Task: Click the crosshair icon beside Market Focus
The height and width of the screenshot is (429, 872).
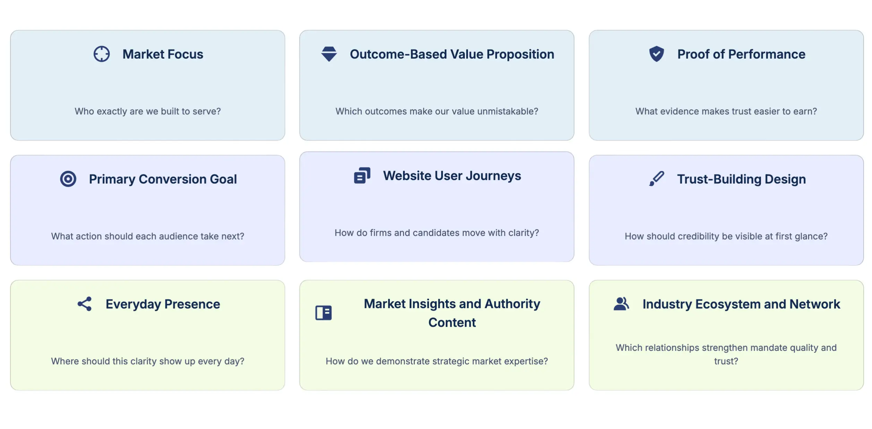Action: [102, 54]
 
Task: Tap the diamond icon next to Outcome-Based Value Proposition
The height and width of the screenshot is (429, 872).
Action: [329, 54]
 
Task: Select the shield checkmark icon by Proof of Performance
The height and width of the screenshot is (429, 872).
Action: [656, 54]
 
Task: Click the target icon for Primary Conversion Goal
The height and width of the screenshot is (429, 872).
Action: [68, 179]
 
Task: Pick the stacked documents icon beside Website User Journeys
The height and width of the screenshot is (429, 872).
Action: [362, 176]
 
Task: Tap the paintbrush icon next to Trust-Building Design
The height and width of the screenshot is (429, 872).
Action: [656, 179]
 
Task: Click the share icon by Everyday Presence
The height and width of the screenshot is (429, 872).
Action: [85, 304]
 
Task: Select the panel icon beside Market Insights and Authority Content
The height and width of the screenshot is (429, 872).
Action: [323, 313]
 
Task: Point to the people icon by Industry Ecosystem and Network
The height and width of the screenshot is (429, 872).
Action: [621, 304]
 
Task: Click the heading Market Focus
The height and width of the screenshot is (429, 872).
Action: [163, 54]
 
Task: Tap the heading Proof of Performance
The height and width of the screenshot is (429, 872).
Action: [741, 54]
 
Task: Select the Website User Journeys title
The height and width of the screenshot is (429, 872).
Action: [452, 176]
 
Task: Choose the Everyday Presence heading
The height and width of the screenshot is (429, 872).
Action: [163, 304]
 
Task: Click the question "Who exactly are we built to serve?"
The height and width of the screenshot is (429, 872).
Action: [147, 111]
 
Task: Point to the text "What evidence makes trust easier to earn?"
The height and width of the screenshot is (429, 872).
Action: [726, 111]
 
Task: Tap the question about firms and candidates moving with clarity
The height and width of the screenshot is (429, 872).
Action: [437, 233]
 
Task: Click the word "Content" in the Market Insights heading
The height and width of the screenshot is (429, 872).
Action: [452, 323]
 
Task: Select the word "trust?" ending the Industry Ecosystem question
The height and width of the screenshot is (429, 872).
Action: [726, 361]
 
